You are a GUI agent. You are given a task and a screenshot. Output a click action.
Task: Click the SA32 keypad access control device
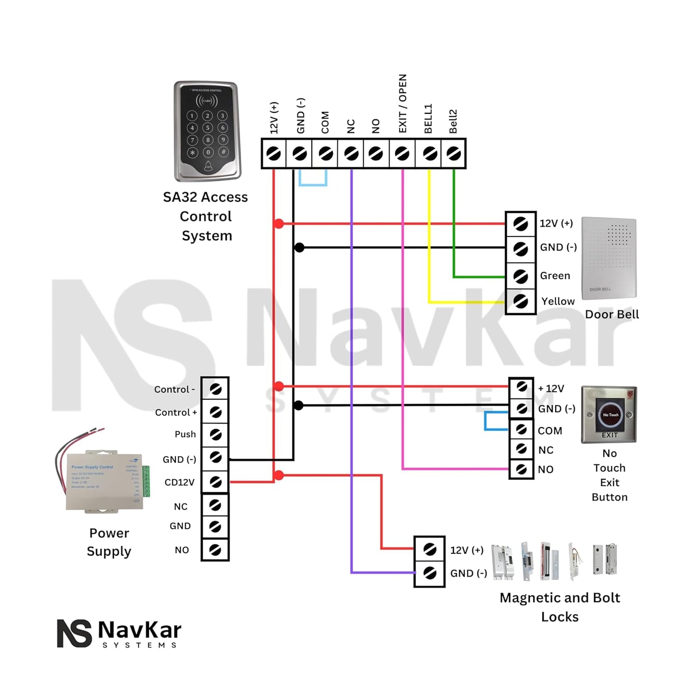[207, 131]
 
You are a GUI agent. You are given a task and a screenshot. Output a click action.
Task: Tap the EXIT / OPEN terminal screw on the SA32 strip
[402, 154]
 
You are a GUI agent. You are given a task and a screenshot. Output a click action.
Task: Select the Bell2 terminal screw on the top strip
[453, 154]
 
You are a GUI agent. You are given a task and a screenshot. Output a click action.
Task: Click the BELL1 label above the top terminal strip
[428, 119]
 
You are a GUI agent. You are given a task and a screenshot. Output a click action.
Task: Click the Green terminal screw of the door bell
[521, 276]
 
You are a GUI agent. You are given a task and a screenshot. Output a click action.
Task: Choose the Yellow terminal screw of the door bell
[521, 302]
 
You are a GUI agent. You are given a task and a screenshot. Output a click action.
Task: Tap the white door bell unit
[609, 258]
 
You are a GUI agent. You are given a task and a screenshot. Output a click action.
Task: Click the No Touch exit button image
[609, 414]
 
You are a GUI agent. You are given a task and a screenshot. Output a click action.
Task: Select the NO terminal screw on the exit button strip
[521, 469]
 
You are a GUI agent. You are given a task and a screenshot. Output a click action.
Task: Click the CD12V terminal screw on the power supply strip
[215, 482]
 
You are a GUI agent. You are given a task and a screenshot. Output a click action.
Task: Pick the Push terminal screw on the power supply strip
[215, 435]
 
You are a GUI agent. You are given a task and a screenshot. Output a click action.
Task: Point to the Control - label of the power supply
[174, 390]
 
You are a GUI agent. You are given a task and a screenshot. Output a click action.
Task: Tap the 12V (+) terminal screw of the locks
[430, 549]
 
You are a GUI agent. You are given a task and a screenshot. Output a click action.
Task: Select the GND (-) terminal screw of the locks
[430, 573]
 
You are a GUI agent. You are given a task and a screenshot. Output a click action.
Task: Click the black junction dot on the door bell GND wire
[299, 248]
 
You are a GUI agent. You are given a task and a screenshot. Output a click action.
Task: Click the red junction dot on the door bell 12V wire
[279, 223]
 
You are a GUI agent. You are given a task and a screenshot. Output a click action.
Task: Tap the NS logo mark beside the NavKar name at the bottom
[74, 633]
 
